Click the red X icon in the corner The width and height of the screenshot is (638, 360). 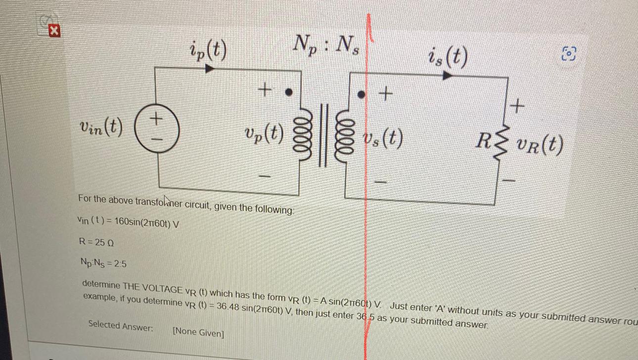pos(54,31)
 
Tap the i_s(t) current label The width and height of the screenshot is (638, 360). pos(448,58)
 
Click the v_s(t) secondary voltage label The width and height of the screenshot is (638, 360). pos(382,139)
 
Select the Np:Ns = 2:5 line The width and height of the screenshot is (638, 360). pos(102,264)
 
